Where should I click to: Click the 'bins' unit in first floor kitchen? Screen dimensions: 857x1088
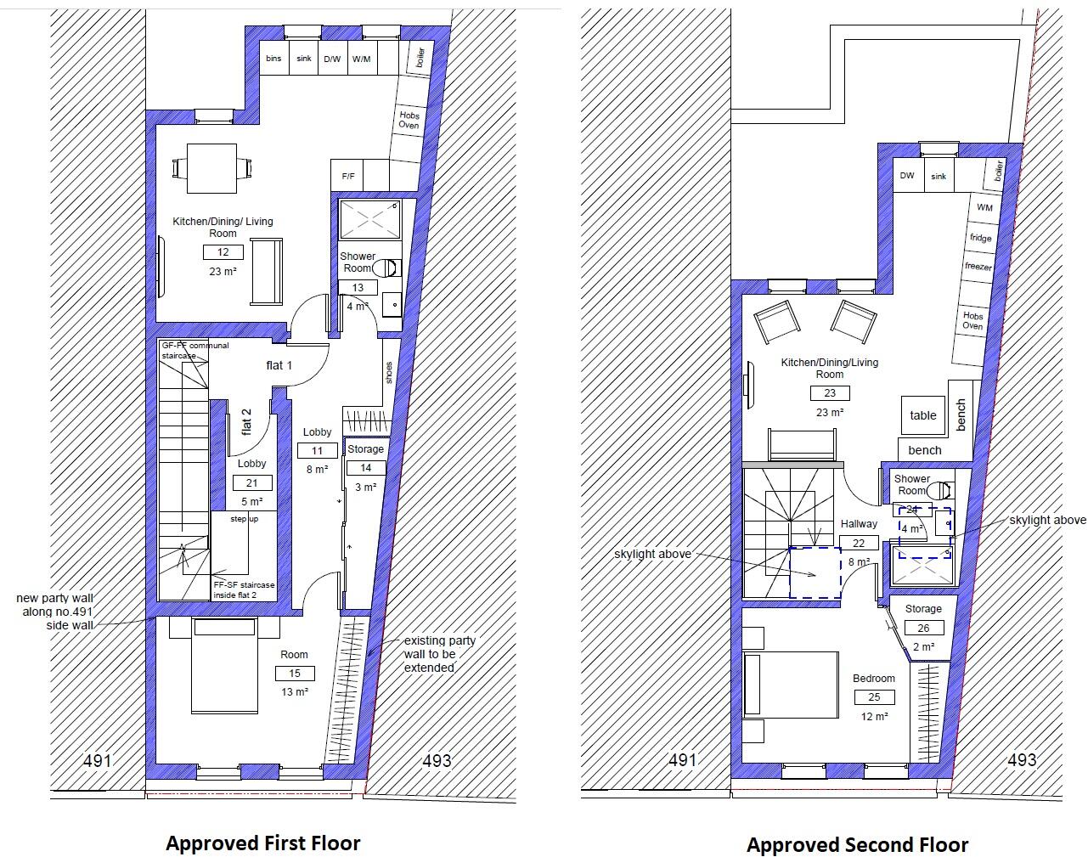point(273,59)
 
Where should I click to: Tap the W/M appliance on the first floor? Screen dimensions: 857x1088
point(361,59)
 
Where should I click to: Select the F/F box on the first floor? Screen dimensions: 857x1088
point(348,177)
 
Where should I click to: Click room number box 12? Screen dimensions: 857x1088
point(223,252)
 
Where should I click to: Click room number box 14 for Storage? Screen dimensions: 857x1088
point(365,468)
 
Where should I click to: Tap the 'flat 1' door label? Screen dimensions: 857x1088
point(279,366)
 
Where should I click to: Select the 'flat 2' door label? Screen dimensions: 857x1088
point(247,421)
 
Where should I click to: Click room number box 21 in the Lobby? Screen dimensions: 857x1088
point(251,483)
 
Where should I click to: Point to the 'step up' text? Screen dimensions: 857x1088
point(244,519)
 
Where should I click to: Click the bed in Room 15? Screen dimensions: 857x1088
point(224,667)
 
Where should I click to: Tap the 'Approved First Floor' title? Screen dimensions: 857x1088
point(262,843)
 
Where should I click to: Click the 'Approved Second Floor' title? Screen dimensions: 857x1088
point(857,845)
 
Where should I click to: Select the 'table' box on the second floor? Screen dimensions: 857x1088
point(922,415)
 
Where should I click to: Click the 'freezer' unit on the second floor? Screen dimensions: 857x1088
point(978,266)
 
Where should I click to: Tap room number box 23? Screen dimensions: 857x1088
point(829,393)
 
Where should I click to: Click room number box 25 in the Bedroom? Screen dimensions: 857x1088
point(874,697)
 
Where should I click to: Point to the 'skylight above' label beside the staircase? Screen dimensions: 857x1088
point(651,555)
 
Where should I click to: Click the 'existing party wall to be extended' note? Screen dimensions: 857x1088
point(439,654)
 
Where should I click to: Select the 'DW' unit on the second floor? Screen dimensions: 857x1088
point(907,176)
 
